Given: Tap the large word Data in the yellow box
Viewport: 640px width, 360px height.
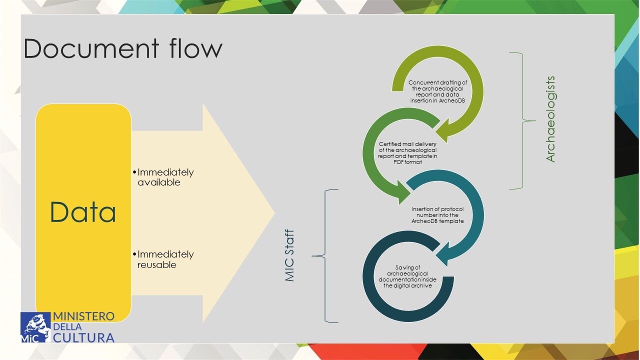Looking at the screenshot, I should pos(83,212).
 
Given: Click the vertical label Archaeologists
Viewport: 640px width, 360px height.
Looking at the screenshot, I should pos(550,119).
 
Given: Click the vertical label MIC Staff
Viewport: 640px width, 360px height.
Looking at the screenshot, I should pos(290,255).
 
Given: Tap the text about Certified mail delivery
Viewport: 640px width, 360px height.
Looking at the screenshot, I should pos(407,153).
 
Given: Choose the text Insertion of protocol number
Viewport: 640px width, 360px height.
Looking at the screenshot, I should pos(437,214).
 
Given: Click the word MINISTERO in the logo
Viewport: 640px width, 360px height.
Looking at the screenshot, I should pos(83,316).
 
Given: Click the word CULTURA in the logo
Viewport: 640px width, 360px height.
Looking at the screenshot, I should pos(83,337).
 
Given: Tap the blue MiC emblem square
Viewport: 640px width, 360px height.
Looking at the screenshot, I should pos(35,327).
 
